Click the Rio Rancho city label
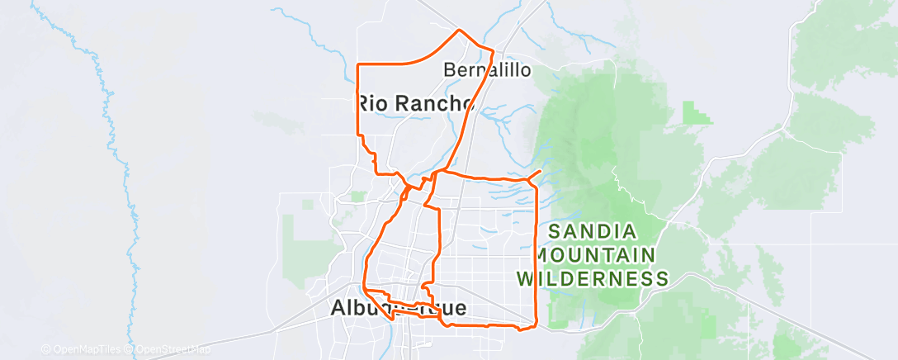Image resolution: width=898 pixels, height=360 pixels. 415,103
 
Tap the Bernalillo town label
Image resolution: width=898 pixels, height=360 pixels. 487,70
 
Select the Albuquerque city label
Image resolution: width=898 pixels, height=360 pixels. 399,308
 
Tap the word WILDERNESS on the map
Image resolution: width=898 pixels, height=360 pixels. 593,278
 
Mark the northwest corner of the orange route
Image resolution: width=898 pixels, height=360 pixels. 357,64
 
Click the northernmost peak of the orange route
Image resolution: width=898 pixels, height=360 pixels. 460,31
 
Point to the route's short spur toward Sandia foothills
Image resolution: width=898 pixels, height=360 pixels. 534,174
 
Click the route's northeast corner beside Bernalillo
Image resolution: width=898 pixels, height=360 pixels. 493,52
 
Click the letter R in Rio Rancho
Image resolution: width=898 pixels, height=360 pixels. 364,103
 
